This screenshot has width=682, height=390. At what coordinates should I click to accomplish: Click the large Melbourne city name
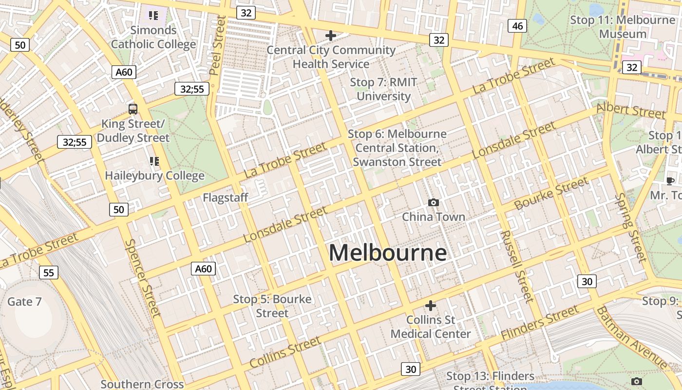pyautogui.click(x=388, y=253)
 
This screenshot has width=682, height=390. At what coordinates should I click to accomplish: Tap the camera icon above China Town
pyautogui.click(x=433, y=202)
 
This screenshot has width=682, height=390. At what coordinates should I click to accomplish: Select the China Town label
pyautogui.click(x=433, y=216)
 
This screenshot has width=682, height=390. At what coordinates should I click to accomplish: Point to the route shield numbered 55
pyautogui.click(x=48, y=272)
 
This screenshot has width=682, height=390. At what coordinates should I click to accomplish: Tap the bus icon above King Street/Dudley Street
pyautogui.click(x=133, y=109)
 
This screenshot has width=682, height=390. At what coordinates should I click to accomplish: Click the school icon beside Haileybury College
pyautogui.click(x=154, y=161)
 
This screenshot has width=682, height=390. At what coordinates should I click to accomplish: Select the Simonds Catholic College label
pyautogui.click(x=153, y=37)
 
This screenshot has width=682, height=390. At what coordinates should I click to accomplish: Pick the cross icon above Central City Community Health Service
pyautogui.click(x=331, y=35)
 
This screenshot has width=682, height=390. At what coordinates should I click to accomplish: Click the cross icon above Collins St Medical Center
pyautogui.click(x=431, y=306)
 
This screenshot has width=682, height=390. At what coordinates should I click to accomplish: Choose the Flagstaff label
pyautogui.click(x=226, y=197)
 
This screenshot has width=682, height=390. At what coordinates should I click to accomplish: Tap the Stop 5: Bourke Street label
pyautogui.click(x=272, y=306)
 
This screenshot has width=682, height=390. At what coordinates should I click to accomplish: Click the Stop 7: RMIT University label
pyautogui.click(x=384, y=89)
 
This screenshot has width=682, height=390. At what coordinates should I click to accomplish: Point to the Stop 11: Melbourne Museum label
pyautogui.click(x=623, y=27)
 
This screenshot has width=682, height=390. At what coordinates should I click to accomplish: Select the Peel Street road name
pyautogui.click(x=217, y=45)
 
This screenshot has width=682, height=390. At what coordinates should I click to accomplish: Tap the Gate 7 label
pyautogui.click(x=24, y=301)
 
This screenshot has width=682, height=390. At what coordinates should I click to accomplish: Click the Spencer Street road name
pyautogui.click(x=143, y=277)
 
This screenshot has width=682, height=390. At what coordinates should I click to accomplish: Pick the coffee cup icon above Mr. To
pyautogui.click(x=670, y=181)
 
